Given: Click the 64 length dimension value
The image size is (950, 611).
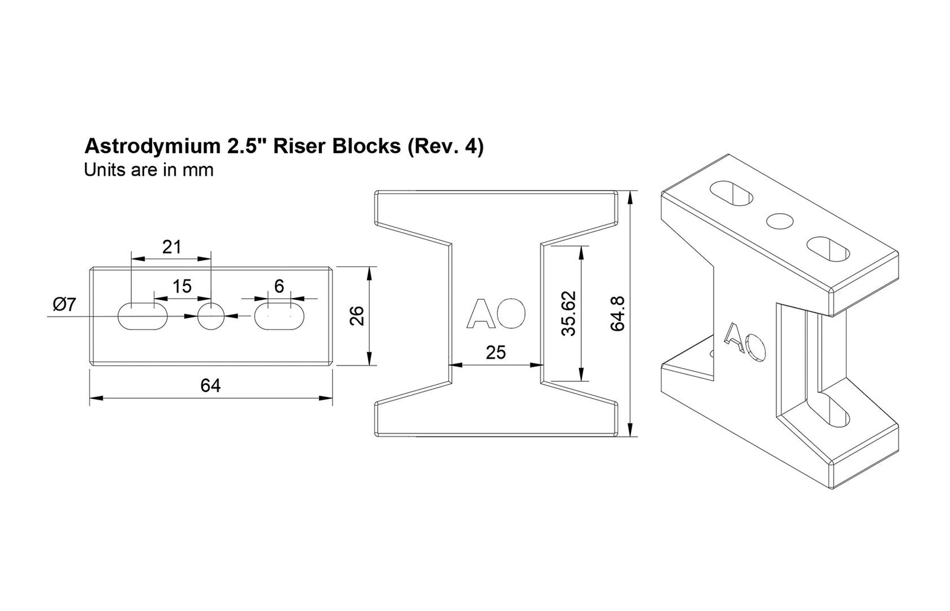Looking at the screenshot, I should point(210,386).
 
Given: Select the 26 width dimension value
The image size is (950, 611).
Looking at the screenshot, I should point(357,316).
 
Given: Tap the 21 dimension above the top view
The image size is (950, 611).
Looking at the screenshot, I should point(171,247).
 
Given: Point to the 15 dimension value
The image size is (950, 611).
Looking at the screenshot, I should point(182,286).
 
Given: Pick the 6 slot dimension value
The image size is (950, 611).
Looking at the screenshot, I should point(279,286).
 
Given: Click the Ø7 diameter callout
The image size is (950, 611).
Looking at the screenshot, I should point(64,305).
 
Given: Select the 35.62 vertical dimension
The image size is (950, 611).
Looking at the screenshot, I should point(569,314).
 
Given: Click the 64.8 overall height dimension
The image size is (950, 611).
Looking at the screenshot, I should point(617,314).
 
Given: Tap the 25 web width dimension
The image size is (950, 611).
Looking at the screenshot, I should point(496,353).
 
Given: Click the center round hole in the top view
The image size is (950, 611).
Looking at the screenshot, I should point(211,316).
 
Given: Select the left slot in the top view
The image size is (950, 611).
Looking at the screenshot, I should point(142,316).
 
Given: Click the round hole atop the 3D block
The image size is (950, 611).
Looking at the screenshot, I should point(780,221).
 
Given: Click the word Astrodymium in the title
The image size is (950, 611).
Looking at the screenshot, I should point(147,147).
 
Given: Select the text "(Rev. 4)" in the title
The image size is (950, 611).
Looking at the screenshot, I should point(445,147).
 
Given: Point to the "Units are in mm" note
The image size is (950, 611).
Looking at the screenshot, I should point(148,170).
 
